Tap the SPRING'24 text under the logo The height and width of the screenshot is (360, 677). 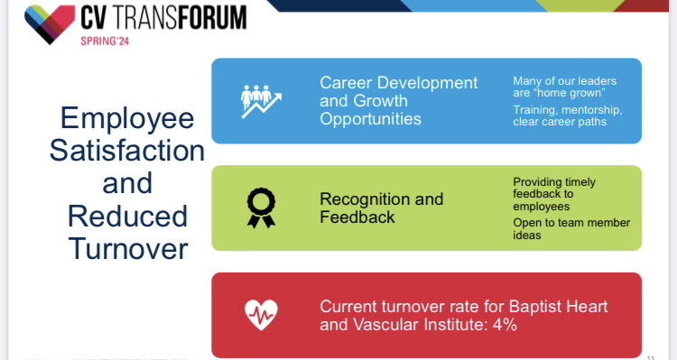point(112,42)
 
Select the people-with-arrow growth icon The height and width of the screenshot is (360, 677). point(261,101)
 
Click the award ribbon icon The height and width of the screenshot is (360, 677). point(261,208)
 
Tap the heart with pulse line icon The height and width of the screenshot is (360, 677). point(261,314)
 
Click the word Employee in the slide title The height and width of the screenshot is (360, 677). point(126,118)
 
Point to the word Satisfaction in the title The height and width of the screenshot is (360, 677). point(126,151)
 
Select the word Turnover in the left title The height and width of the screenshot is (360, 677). point(126,248)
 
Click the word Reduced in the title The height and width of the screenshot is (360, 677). point(126,216)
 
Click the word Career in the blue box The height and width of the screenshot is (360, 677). point(347,83)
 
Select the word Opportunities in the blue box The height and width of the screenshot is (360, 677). point(370,118)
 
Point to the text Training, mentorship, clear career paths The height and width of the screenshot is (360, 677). point(567,115)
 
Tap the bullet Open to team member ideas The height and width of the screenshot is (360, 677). point(570,228)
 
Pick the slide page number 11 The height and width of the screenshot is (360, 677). point(652,353)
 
